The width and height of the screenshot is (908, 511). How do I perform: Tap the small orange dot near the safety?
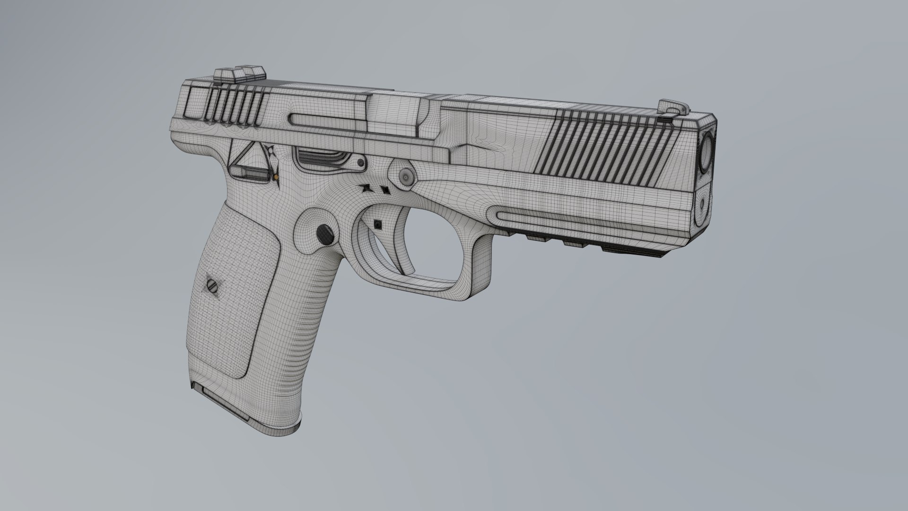[275, 177]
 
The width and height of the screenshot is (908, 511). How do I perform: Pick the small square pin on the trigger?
[377, 224]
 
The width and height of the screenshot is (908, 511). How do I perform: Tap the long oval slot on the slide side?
[326, 120]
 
